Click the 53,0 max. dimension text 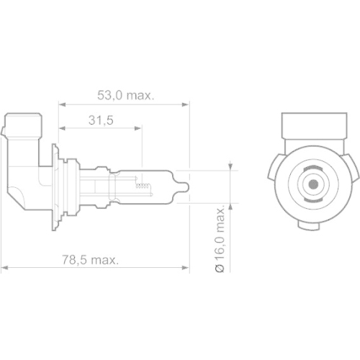(127, 95)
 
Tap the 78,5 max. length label (91, 258)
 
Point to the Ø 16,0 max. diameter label (221, 237)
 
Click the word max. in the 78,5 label (105, 258)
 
